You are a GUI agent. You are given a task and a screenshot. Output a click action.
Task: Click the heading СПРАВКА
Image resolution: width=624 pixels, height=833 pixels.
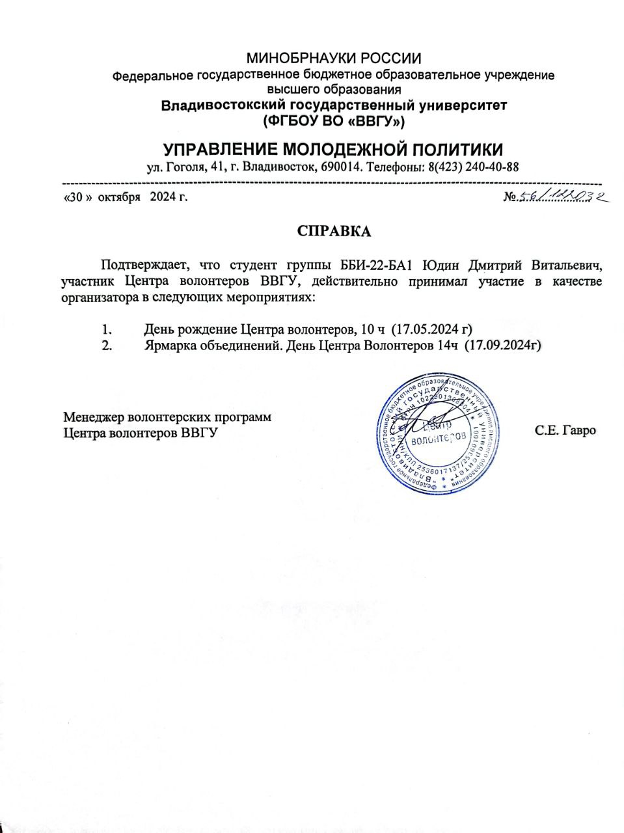(x=334, y=232)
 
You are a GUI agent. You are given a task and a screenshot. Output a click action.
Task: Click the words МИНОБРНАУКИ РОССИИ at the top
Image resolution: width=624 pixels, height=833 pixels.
(x=334, y=59)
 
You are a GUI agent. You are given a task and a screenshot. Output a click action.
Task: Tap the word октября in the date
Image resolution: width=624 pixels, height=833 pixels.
(x=120, y=197)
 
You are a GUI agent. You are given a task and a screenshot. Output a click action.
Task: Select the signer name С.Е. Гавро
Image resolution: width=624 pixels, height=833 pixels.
(x=565, y=430)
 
